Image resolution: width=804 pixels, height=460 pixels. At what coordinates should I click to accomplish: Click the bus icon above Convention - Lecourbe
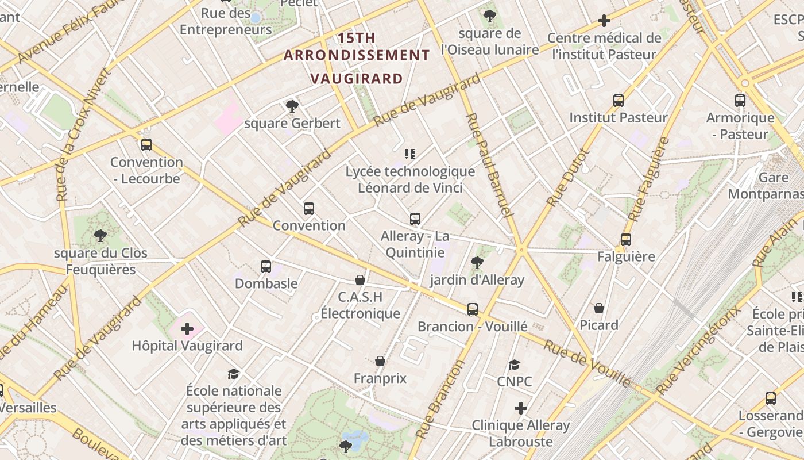[x=146, y=145]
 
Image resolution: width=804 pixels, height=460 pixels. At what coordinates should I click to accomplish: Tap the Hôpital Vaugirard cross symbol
[x=187, y=329]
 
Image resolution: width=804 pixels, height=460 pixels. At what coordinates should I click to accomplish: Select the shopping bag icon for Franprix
[x=380, y=361]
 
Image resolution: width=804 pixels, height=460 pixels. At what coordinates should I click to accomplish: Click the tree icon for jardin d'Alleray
[x=477, y=263]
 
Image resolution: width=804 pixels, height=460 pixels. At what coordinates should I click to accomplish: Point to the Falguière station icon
[x=626, y=239]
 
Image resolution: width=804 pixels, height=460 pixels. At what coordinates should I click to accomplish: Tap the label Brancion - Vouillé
[x=472, y=327]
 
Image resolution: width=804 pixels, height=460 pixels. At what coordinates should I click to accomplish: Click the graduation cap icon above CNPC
[x=514, y=365]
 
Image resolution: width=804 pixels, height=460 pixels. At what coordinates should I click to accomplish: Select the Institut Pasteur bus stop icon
[x=619, y=101]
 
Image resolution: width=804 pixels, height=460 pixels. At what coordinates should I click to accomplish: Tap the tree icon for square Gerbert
[x=292, y=106]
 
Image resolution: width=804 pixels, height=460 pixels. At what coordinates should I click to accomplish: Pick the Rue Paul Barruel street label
[x=488, y=164]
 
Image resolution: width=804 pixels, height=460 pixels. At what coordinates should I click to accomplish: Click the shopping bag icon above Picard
[x=599, y=308]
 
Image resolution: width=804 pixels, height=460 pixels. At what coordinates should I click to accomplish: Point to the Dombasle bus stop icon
[x=265, y=266]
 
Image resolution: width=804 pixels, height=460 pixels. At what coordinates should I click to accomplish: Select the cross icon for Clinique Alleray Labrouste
[x=521, y=408]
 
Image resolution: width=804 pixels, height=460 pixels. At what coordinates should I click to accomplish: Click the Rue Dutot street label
[x=569, y=178]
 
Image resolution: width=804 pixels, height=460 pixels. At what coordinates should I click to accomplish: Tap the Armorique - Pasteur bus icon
[x=740, y=101]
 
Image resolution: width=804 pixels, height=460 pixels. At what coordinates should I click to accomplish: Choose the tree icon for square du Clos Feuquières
[x=100, y=235]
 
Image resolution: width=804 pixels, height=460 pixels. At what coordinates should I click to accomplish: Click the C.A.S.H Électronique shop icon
[x=360, y=280]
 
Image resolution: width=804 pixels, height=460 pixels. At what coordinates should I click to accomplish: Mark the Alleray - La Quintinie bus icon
[x=415, y=219]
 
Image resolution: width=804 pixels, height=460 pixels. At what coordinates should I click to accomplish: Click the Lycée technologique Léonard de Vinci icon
[x=410, y=154]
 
